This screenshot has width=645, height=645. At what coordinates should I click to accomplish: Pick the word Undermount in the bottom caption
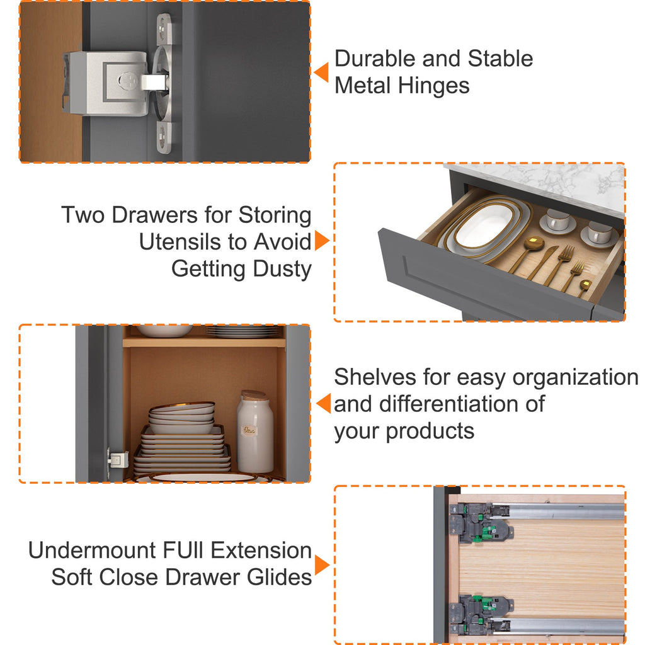click(93, 551)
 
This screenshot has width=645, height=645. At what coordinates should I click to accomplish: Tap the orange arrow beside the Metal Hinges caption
click(321, 72)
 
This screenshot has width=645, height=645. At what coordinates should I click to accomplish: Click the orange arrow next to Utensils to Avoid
click(322, 240)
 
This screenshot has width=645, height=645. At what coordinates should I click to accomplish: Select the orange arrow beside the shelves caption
click(324, 403)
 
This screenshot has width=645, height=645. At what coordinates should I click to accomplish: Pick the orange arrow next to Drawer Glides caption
click(322, 565)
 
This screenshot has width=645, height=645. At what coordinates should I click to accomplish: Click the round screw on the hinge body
click(127, 80)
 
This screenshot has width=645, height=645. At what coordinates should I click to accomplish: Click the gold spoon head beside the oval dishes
click(534, 243)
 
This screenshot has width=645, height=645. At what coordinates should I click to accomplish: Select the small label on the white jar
click(249, 430)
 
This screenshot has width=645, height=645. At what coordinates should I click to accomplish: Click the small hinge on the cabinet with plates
click(117, 459)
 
